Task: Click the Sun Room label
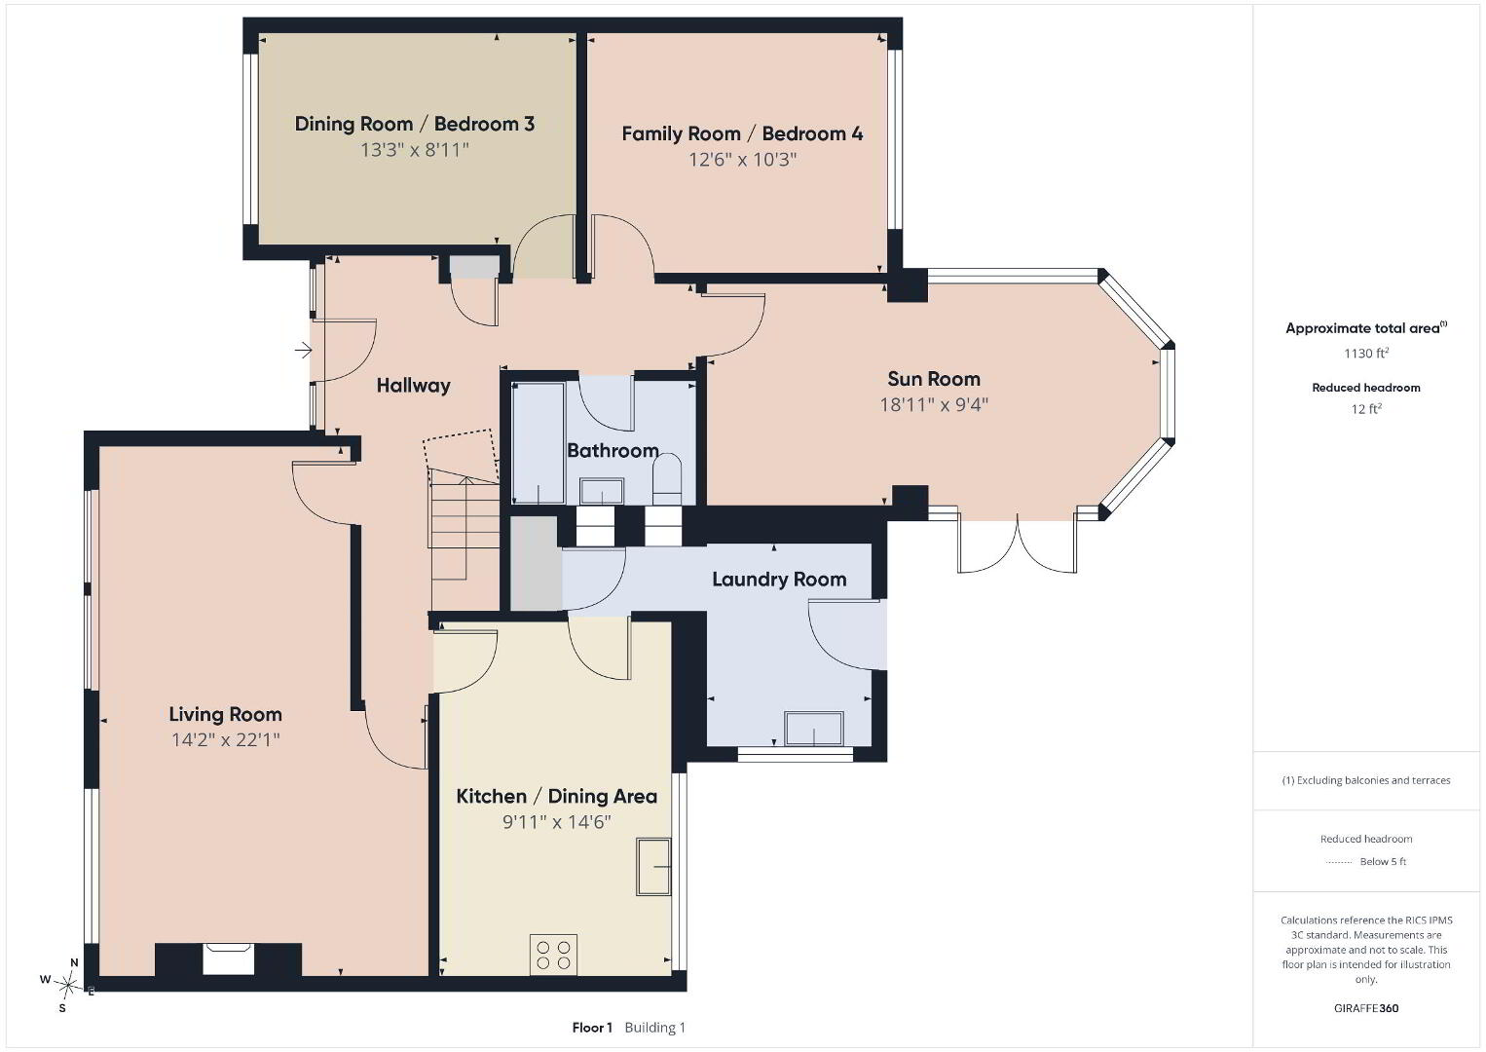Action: click(x=934, y=379)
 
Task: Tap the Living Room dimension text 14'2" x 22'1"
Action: click(x=226, y=740)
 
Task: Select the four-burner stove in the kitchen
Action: click(x=553, y=956)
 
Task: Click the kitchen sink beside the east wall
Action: click(x=653, y=867)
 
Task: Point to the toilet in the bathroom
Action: click(x=667, y=478)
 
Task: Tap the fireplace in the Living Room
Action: click(x=228, y=959)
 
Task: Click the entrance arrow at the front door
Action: click(x=303, y=350)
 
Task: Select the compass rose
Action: click(x=65, y=986)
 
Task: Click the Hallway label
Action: click(x=413, y=386)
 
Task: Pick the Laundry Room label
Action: click(x=779, y=580)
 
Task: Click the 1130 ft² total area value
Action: click(x=1366, y=353)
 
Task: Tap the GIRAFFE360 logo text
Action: click(x=1366, y=1008)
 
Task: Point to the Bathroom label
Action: click(x=613, y=451)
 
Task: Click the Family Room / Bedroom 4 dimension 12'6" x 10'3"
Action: click(x=742, y=160)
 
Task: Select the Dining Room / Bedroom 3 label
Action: click(x=415, y=124)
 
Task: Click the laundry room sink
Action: click(x=814, y=728)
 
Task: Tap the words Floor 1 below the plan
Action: click(x=592, y=1028)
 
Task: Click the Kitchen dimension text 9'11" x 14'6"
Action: click(x=557, y=822)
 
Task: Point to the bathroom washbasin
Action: click(x=602, y=491)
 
